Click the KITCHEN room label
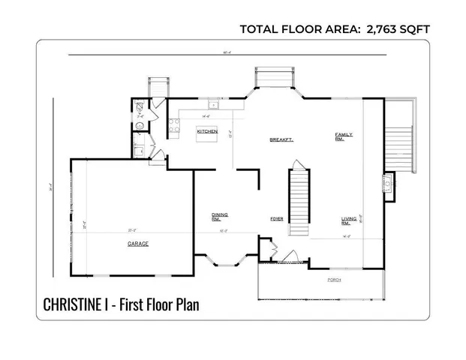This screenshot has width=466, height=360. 207,131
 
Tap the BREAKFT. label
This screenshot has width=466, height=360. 281,140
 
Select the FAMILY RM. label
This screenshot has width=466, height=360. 344,137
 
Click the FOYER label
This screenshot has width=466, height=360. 276,219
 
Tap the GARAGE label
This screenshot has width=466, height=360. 137,244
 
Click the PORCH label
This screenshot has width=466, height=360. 335,280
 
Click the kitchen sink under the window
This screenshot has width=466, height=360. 213,106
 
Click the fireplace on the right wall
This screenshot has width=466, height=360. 388,183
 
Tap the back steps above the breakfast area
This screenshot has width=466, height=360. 277,77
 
